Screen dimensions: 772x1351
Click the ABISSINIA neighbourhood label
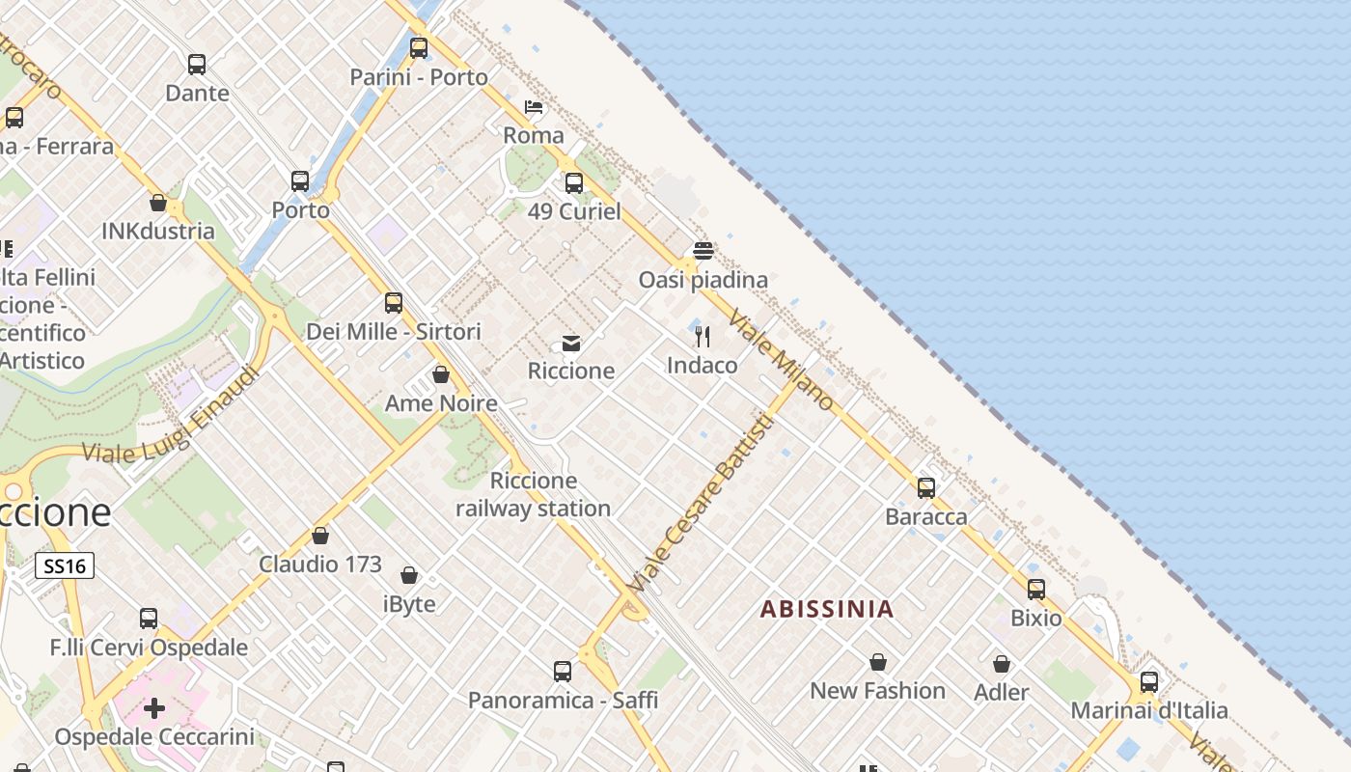pyautogui.click(x=827, y=609)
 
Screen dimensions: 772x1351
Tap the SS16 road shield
pyautogui.click(x=65, y=565)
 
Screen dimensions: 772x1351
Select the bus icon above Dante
pyautogui.click(x=197, y=65)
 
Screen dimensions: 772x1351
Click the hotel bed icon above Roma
pyautogui.click(x=534, y=106)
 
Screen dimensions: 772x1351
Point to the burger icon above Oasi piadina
pyautogui.click(x=703, y=251)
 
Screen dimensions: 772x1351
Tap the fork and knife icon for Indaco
pyautogui.click(x=703, y=337)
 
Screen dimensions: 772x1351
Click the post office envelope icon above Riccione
pyautogui.click(x=571, y=343)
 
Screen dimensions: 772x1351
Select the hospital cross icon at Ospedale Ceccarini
pyautogui.click(x=154, y=709)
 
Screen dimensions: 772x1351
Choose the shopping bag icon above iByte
pyautogui.click(x=409, y=576)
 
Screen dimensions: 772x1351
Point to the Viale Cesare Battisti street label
pyautogui.click(x=700, y=504)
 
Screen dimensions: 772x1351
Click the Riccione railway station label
pyautogui.click(x=534, y=494)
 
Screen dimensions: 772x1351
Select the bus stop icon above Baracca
pyautogui.click(x=926, y=488)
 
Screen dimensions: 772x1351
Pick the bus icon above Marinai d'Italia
pyautogui.click(x=1149, y=682)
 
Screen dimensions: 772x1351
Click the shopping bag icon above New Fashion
pyautogui.click(x=878, y=662)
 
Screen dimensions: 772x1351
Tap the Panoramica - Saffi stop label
pyautogui.click(x=563, y=700)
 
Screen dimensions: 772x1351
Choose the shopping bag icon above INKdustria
pyautogui.click(x=158, y=203)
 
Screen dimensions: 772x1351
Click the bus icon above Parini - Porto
pyautogui.click(x=419, y=48)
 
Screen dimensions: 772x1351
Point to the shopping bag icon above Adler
pyautogui.click(x=1002, y=664)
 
